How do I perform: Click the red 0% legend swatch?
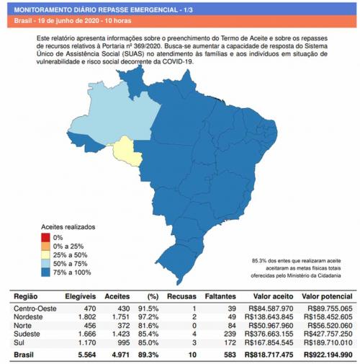tap(45, 237)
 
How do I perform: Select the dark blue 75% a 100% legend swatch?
tap(45, 272)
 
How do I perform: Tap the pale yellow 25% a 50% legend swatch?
tap(45, 254)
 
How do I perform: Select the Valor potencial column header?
tap(327, 296)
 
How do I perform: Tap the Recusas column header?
tap(182, 296)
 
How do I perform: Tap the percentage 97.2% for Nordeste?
tap(148, 316)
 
